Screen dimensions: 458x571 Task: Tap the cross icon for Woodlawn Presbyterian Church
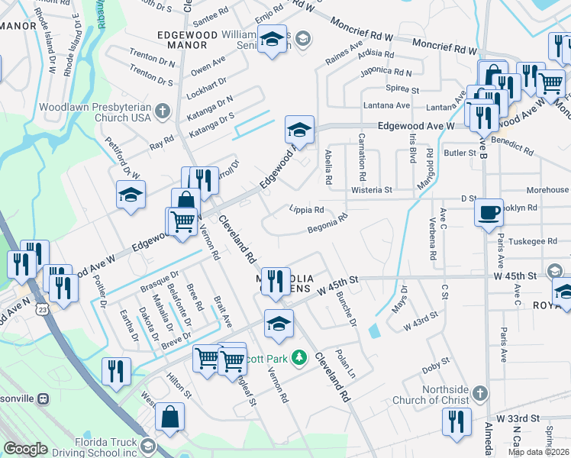pyautogui.click(x=161, y=112)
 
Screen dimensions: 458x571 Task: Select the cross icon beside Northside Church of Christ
pyautogui.click(x=479, y=393)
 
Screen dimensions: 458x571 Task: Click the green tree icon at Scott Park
pyautogui.click(x=301, y=357)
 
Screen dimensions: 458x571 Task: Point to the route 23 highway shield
pyautogui.click(x=46, y=309)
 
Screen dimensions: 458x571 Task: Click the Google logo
pyautogui.click(x=25, y=449)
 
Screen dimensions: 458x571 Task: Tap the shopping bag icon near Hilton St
pyautogui.click(x=169, y=418)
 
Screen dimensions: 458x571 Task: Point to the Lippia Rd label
pyautogui.click(x=307, y=209)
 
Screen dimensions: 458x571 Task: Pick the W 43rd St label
pyautogui.click(x=421, y=317)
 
